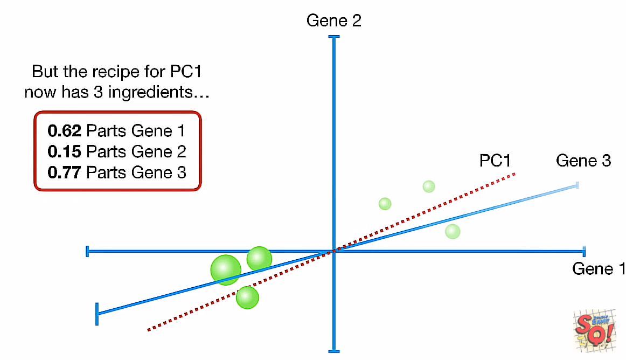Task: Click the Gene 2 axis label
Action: coord(333,21)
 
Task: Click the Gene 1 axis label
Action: coord(597,268)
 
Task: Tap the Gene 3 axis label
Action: coord(583,161)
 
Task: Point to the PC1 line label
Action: coord(495,161)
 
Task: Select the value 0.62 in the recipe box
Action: coord(64,131)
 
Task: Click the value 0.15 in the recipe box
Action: coord(64,151)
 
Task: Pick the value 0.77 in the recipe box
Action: coord(64,172)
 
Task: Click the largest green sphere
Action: coord(225,269)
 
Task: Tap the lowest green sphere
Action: coord(247,297)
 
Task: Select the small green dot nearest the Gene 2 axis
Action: coord(385,204)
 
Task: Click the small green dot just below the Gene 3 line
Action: coord(453,231)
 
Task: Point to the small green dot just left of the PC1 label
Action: coord(428,186)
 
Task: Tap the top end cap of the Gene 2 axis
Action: coord(334,37)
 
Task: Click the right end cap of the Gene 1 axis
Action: coord(584,251)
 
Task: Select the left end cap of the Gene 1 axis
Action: coord(87,251)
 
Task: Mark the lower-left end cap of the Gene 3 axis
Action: coord(97,314)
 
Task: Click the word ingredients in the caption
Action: coord(158,92)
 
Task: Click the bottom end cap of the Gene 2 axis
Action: coord(334,351)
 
